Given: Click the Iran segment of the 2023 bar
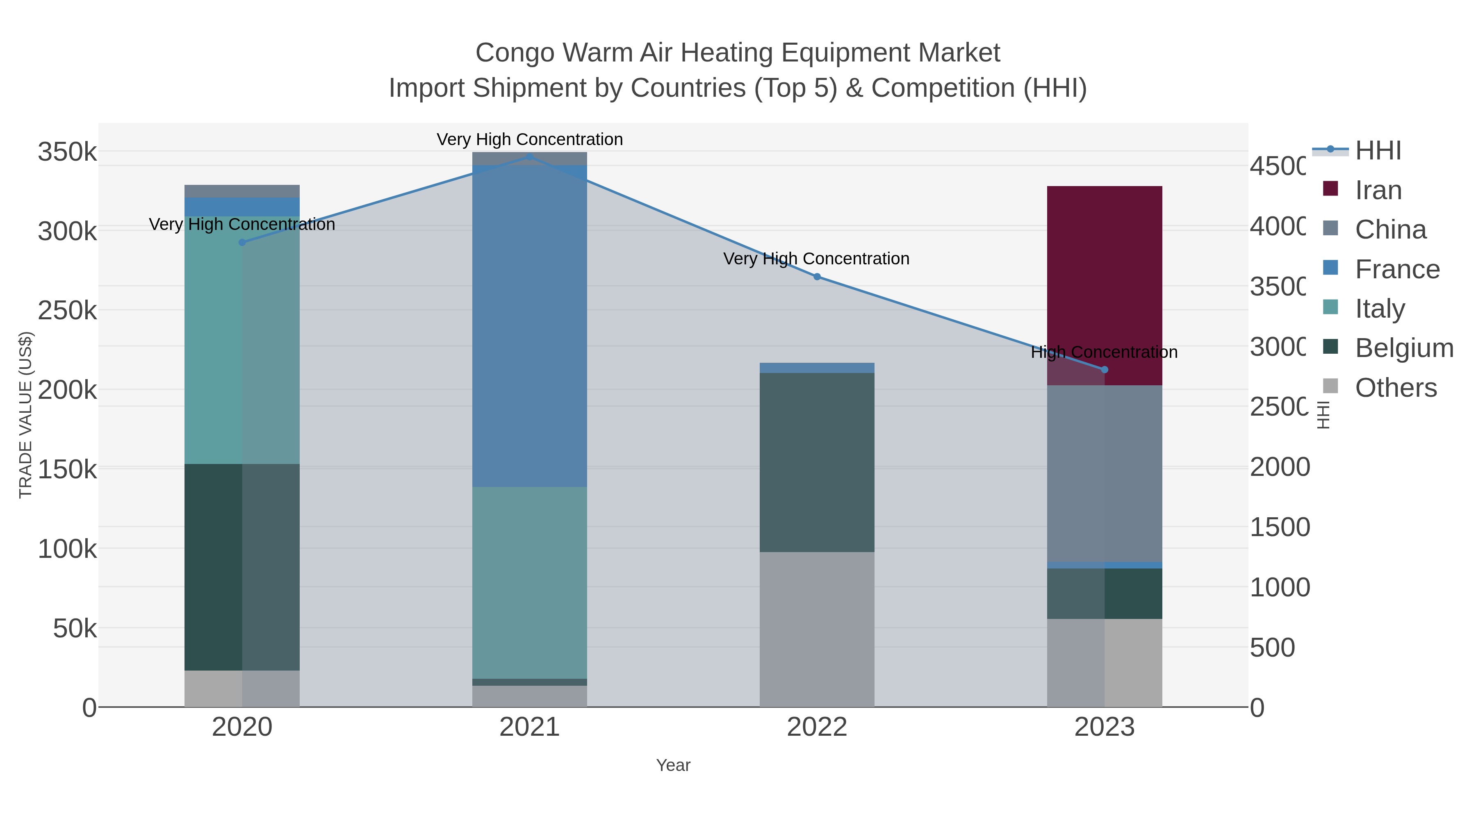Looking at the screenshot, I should coord(1104,275).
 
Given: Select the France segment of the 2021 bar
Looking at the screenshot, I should coord(529,327).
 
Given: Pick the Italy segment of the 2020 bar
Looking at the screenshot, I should coord(242,344).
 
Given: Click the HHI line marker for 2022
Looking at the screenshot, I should coord(817,277).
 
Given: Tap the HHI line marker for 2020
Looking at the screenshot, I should coord(242,242).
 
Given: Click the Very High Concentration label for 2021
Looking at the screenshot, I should coord(529,139).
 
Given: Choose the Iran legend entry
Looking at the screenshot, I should coord(1378,190).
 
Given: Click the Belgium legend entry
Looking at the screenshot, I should coord(1403,348).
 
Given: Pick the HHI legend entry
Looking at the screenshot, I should coord(1378,151).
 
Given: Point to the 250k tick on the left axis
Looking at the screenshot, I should coord(67,311).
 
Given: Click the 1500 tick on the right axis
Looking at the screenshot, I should coord(1279,527).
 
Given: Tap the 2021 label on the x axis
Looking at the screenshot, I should coord(529,728).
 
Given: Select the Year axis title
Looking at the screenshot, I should coord(673,765).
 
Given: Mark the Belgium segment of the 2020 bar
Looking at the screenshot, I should coord(242,567).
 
